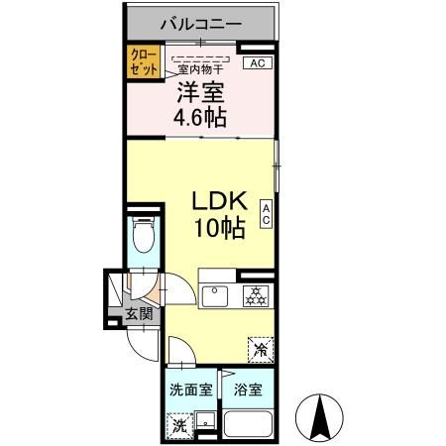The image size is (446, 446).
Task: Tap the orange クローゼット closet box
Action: [138, 63]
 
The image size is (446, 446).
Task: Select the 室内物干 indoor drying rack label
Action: [201, 70]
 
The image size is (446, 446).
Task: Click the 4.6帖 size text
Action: [201, 118]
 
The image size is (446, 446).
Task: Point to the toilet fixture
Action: [140, 238]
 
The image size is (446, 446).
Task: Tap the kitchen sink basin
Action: [216, 294]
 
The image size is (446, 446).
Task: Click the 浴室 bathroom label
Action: [248, 390]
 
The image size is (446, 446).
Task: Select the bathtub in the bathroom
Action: [249, 423]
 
